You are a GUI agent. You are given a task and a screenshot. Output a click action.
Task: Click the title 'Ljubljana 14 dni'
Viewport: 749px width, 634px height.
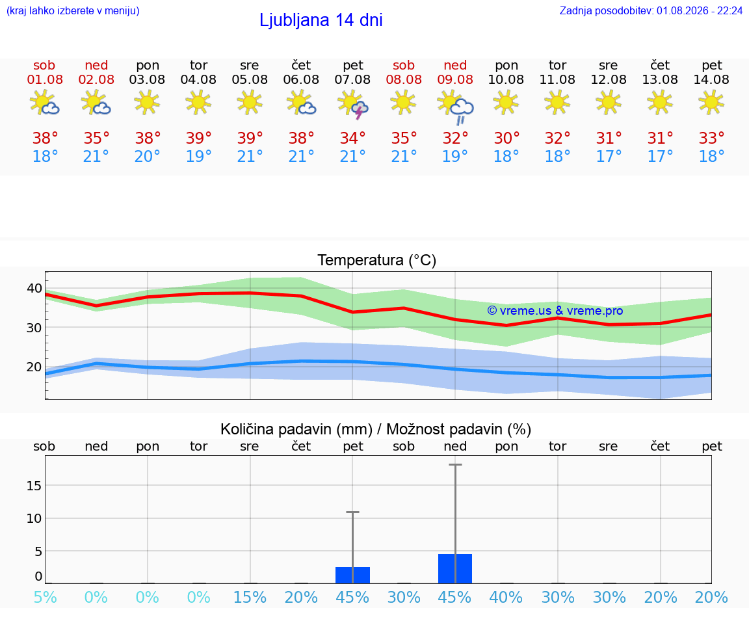click(321, 20)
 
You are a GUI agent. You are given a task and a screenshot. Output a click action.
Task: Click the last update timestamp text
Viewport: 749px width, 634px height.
click(651, 11)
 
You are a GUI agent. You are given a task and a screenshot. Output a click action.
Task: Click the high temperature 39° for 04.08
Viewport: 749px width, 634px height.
click(199, 138)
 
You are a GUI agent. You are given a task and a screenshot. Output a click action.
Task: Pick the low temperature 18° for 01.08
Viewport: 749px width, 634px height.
click(45, 156)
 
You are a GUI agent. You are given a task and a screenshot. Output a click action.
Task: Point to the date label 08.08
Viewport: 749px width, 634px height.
click(404, 79)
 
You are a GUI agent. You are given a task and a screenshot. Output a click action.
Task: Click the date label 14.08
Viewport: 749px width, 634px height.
click(711, 79)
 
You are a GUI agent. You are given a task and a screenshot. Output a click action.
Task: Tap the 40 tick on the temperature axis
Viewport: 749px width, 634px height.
click(34, 288)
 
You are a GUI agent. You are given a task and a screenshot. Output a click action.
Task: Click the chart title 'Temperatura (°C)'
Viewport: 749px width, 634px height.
click(377, 260)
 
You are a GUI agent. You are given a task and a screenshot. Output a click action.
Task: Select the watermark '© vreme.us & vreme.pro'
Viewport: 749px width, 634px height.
click(555, 311)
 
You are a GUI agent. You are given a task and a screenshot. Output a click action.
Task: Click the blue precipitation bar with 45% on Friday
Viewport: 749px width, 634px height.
click(352, 575)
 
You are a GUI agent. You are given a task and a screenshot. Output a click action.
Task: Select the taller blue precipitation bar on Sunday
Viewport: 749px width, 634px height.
click(455, 568)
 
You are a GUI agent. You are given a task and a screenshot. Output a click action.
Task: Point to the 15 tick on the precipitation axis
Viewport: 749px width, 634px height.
click(34, 485)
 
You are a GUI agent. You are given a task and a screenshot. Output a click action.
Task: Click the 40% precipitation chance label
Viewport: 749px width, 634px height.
click(506, 597)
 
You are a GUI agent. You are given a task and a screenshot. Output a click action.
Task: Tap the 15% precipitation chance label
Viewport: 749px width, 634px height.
click(250, 597)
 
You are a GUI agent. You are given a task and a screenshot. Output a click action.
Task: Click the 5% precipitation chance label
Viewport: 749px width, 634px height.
click(45, 597)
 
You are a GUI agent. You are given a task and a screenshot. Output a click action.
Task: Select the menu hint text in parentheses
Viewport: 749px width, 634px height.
click(73, 11)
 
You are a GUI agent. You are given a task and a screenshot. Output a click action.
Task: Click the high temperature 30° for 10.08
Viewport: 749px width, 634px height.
click(506, 138)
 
